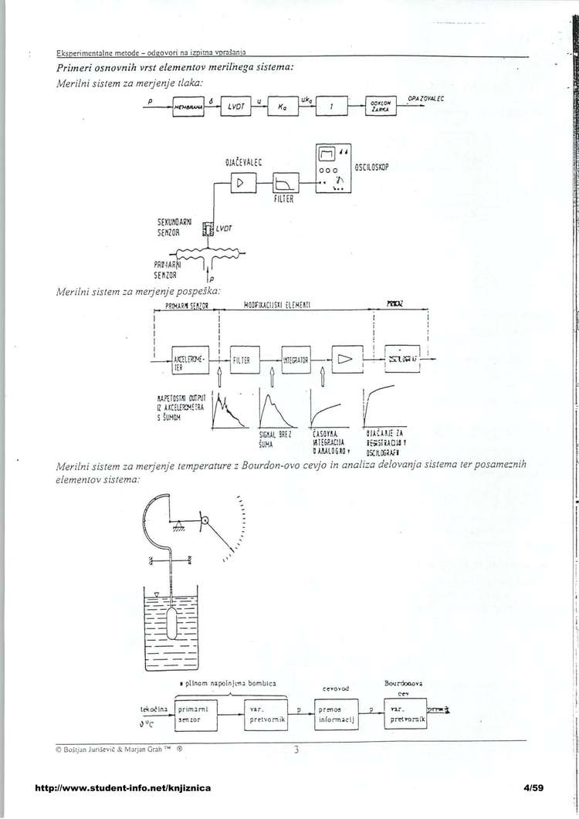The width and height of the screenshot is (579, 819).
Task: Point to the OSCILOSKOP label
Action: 376,167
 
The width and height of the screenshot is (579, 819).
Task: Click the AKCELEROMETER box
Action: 188,360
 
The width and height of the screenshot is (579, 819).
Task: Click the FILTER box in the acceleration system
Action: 242,360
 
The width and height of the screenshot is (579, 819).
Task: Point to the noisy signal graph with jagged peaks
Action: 229,409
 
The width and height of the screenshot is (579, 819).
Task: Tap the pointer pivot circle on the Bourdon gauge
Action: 205,521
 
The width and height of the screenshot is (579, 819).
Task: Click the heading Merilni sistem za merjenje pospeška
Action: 140,291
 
